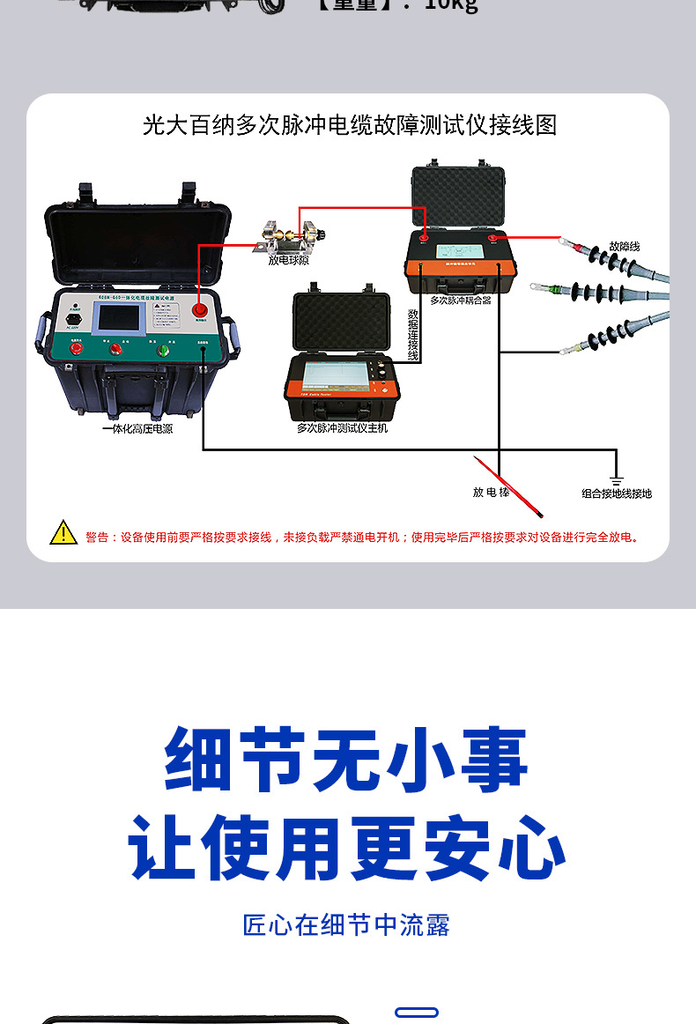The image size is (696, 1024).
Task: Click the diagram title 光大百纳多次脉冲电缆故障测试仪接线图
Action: [350, 125]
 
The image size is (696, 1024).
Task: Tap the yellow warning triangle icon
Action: [63, 533]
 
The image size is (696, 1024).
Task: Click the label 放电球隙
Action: [289, 260]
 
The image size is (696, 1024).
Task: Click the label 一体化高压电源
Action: [137, 429]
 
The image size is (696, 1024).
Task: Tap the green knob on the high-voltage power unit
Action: [163, 350]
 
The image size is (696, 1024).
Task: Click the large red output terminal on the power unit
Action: [201, 309]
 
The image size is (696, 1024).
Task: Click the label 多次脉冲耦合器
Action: [460, 301]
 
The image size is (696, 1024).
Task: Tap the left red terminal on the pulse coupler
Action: [423, 236]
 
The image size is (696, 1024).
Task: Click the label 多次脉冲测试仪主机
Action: [342, 428]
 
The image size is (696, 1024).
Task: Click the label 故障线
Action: [624, 246]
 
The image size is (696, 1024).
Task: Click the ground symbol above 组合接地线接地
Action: [617, 480]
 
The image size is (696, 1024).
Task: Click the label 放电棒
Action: [491, 492]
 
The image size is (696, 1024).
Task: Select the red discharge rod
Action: [508, 486]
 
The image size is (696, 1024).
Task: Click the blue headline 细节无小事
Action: [346, 760]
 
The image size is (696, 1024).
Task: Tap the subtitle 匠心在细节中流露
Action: [346, 925]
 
